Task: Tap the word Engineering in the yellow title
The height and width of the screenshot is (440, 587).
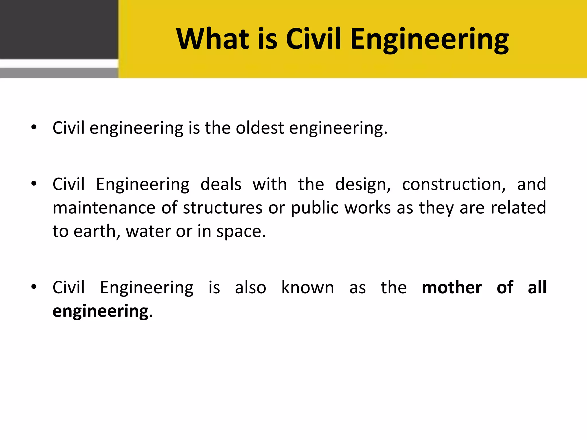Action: (429, 40)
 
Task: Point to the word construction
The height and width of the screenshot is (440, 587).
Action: (454, 184)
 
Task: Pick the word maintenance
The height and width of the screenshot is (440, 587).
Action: (104, 208)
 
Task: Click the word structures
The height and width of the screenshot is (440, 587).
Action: (223, 208)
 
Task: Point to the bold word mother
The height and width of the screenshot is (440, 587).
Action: (451, 288)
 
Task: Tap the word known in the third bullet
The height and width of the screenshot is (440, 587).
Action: (308, 288)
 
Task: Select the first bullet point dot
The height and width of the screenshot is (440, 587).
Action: (34, 127)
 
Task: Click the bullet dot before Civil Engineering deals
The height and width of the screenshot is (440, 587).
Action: (34, 184)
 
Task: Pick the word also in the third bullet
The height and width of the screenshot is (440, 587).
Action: (251, 288)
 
